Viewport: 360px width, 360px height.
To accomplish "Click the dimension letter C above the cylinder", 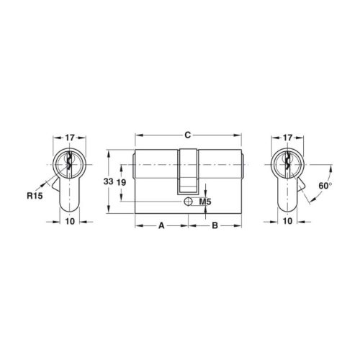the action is point(187,135).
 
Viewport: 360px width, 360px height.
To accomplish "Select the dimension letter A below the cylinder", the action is point(161,225).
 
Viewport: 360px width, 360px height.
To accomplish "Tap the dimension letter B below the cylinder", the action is point(215,225).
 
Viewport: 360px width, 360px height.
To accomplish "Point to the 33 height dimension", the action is point(108,181).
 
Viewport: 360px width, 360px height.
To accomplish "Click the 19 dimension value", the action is point(122,183).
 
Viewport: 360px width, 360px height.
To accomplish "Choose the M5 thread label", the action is point(205,202).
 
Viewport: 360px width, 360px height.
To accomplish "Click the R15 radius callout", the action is point(35,196).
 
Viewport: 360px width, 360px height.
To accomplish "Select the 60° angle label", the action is point(325,186).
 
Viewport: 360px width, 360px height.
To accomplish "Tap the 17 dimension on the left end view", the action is point(70,138).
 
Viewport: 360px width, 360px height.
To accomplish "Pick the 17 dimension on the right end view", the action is point(287,138).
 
